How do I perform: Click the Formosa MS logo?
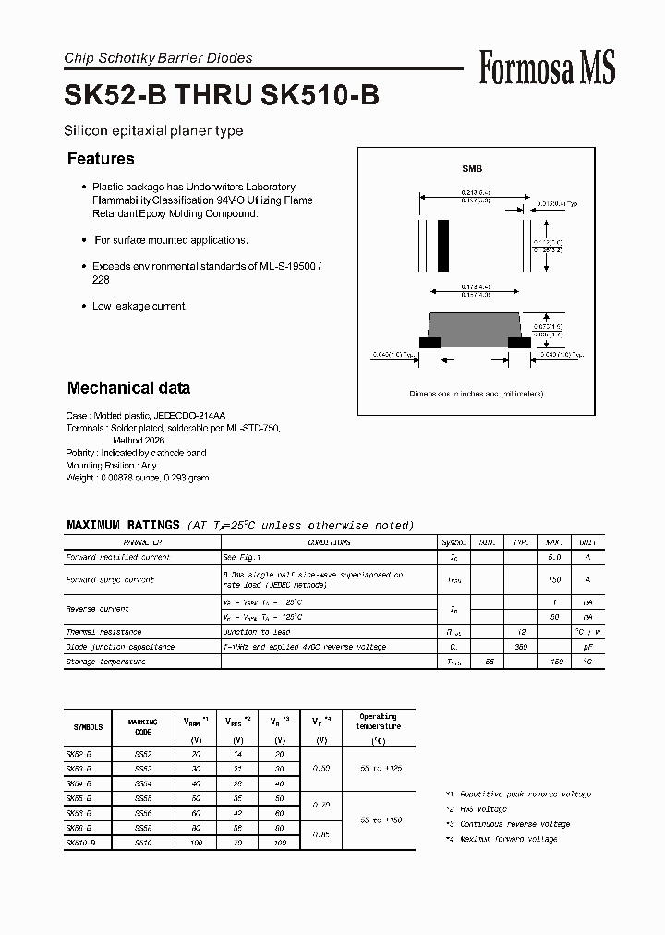[547, 68]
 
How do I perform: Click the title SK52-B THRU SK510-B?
[221, 96]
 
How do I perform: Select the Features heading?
[101, 159]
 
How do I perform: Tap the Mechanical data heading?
[128, 388]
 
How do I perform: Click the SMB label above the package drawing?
[472, 169]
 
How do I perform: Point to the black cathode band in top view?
[443, 245]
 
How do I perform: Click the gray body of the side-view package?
[476, 325]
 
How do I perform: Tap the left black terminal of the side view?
[430, 342]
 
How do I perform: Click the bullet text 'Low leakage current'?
[139, 306]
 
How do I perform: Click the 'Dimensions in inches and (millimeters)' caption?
[477, 394]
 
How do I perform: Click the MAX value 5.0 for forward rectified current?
[555, 557]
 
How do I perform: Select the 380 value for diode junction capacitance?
[520, 647]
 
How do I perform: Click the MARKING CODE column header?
[143, 726]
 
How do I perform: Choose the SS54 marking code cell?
[142, 783]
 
